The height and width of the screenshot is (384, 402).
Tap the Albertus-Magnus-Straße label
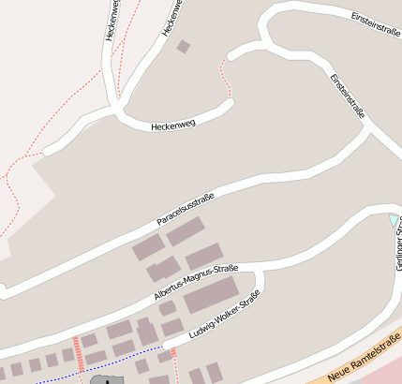click(196, 282)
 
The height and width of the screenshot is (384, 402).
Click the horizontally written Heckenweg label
click(172, 124)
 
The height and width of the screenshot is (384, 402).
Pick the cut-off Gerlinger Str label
click(397, 239)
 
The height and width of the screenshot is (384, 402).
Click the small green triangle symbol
click(394, 220)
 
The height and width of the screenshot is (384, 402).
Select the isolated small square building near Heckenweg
click(184, 46)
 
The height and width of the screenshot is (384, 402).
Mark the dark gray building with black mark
click(107, 379)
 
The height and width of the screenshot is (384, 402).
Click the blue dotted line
click(112, 362)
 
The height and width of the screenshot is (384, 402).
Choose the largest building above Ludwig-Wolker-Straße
click(211, 296)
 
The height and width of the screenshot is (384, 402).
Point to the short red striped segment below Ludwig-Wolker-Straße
click(173, 352)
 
